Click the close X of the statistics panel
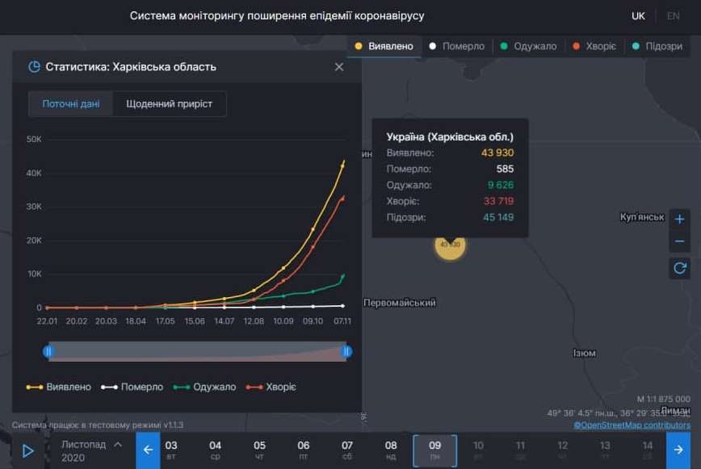tap(339, 67)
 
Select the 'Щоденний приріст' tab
tap(170, 104)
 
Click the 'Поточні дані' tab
tap(71, 104)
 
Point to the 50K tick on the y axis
tap(34, 139)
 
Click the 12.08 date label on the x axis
tap(254, 321)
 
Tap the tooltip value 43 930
tap(497, 153)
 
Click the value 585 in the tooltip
tap(505, 170)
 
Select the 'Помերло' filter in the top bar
tap(457, 46)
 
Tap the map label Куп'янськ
tap(641, 217)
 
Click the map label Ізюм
tap(584, 354)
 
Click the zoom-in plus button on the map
tap(680, 219)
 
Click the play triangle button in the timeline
tap(27, 451)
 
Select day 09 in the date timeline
tap(434, 450)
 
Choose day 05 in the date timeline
tap(259, 450)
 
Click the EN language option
tap(673, 16)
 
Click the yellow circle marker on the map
tap(450, 244)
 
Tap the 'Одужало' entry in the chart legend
tap(207, 387)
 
